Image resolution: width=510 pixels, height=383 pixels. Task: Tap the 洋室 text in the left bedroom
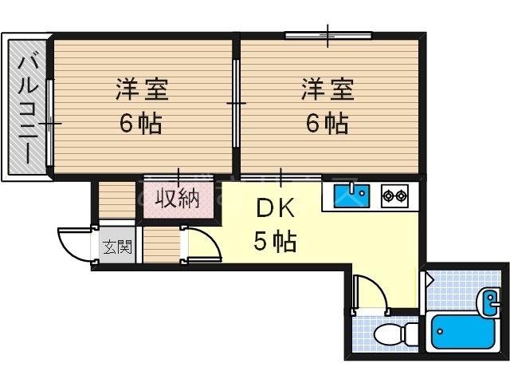point(142,89)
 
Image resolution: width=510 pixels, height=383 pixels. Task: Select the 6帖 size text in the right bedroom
point(327,124)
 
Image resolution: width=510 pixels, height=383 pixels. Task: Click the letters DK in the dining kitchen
point(276,209)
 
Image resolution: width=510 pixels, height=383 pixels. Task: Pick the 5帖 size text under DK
point(276,240)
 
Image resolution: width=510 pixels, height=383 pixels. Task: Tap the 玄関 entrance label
point(116,247)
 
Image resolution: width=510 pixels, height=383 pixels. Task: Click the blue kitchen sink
point(350,194)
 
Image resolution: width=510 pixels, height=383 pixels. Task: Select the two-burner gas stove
point(394,194)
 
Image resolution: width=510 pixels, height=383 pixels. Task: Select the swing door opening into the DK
point(199,243)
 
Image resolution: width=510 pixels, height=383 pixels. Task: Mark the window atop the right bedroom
point(328,35)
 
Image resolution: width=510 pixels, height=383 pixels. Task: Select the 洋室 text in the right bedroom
point(327,89)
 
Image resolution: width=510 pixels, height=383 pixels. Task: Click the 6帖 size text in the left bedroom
point(142,124)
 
